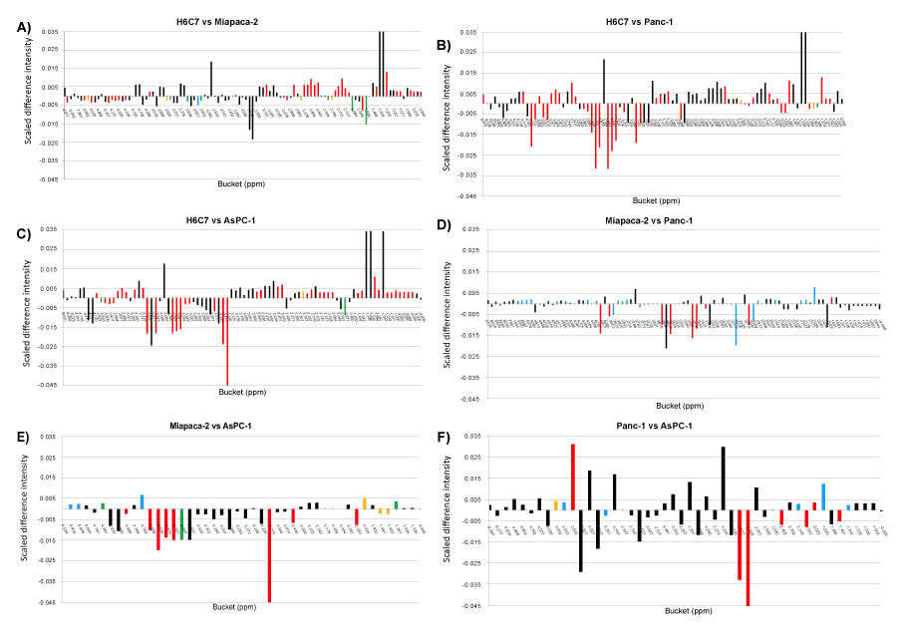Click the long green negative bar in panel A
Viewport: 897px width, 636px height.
tap(366, 110)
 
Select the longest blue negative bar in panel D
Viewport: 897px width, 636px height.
tap(737, 324)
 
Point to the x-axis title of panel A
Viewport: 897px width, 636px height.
tap(240, 184)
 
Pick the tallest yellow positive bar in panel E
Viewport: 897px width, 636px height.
tap(365, 503)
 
